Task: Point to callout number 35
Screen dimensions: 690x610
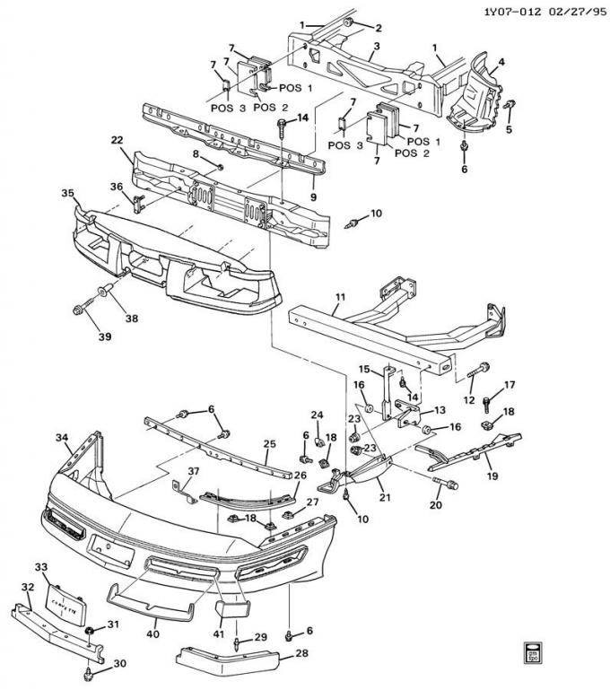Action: [68, 193]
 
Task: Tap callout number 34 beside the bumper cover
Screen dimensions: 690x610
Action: [62, 437]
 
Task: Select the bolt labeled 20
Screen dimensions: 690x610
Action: [446, 486]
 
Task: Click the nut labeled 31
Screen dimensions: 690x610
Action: [91, 634]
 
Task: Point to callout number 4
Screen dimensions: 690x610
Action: [501, 63]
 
